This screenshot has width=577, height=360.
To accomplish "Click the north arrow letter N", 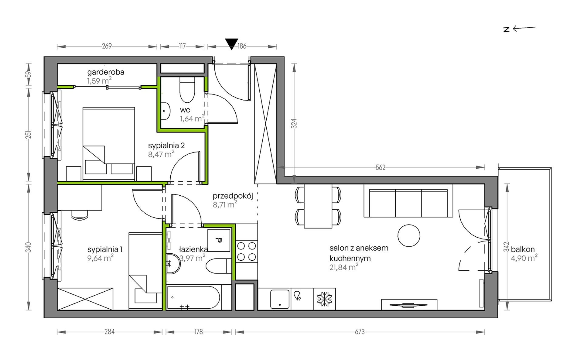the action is pos(506,29).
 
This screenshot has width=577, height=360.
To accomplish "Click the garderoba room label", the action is pos(106,72).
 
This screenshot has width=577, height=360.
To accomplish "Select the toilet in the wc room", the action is pos(187,90).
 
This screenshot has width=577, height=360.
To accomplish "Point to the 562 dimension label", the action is pos(381,167).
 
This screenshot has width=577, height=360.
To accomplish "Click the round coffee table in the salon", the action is pos(409,235).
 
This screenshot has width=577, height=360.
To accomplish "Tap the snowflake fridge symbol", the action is pos(324,299).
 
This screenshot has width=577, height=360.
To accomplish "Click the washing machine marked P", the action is pos(219,240).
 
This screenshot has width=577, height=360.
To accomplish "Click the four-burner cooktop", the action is pos(246,252).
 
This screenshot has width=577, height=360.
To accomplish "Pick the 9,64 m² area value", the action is pos(101,258).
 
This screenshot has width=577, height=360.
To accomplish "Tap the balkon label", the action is pos(523,249).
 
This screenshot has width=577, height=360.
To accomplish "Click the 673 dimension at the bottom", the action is pos(360,332).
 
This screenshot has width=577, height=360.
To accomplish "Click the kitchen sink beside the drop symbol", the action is pos(279,299).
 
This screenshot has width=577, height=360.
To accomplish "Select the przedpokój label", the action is pos(233,196).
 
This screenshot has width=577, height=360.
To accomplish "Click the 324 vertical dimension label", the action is pos(294,123).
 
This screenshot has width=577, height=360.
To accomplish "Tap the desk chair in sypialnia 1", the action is pos(80,214).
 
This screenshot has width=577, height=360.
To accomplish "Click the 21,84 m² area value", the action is pos(344,267).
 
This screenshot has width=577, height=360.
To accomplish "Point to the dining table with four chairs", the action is pos(318,207).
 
